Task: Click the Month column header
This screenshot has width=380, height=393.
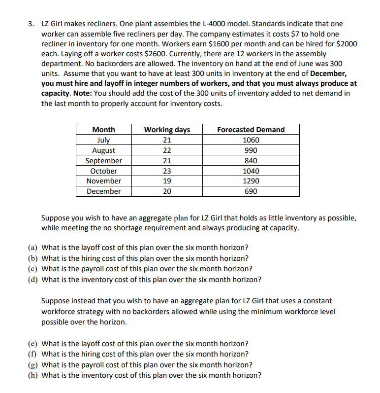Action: [104, 130]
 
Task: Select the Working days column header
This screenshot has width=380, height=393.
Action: [167, 130]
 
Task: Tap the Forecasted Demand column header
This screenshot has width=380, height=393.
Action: [251, 130]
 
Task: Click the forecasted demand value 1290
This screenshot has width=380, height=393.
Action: [251, 181]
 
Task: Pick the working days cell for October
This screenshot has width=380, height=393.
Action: [167, 171]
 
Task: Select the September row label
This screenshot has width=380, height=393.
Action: [104, 161]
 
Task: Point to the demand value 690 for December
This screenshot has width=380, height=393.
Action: [251, 191]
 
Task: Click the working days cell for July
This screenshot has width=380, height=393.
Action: [167, 140]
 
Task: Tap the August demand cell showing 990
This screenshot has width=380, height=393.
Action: [251, 150]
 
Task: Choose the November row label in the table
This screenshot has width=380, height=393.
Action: [104, 181]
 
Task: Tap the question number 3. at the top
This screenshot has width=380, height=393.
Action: [32, 24]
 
